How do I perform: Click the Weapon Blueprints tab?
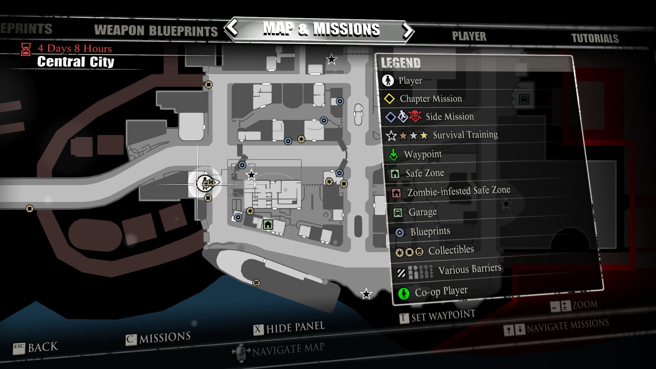(x=156, y=31)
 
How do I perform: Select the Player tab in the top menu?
(x=469, y=36)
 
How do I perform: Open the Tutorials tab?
(x=595, y=38)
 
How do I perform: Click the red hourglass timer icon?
(x=26, y=50)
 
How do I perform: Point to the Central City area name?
(x=76, y=62)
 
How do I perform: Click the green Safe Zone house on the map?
(x=268, y=224)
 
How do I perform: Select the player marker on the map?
(x=205, y=183)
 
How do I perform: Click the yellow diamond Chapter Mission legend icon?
(x=389, y=99)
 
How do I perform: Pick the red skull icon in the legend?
(x=415, y=116)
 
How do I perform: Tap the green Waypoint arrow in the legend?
(x=394, y=155)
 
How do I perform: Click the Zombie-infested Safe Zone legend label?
(x=459, y=191)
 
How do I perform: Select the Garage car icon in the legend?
(x=398, y=213)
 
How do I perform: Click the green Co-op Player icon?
(x=404, y=293)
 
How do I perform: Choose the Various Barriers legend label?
(x=470, y=269)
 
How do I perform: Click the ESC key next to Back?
(x=19, y=348)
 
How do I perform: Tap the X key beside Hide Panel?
(x=258, y=330)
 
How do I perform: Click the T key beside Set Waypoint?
(x=404, y=318)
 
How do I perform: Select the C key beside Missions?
(x=131, y=340)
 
